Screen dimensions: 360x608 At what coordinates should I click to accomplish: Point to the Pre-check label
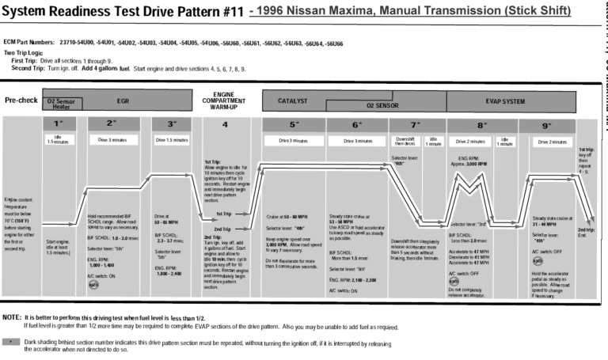[x=21, y=100]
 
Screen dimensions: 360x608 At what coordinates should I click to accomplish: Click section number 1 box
[x=58, y=124]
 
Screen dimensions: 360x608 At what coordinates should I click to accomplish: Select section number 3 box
[x=173, y=124]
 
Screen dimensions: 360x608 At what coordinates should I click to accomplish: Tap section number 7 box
[x=416, y=124]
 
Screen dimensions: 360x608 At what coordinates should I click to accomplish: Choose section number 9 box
[x=547, y=124]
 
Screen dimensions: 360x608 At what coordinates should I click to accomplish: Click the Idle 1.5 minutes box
[x=58, y=140]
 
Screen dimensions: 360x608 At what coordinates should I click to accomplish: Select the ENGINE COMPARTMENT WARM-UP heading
[x=224, y=100]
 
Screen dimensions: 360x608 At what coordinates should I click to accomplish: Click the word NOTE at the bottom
[x=11, y=316]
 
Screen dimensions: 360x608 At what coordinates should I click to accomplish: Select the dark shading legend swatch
[x=11, y=341]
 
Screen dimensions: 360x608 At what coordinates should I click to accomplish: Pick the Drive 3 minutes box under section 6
[x=357, y=141]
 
